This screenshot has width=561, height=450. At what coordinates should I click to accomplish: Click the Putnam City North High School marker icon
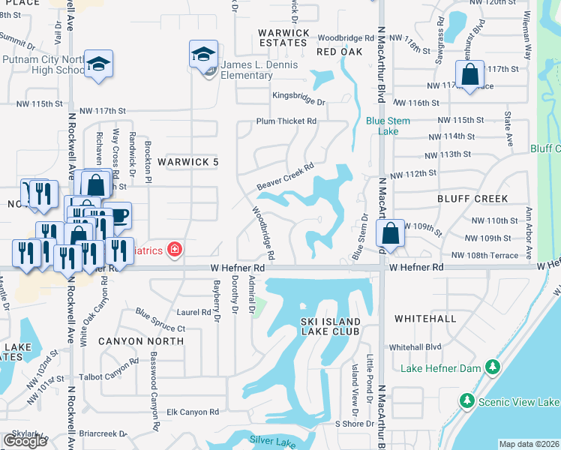(x=98, y=64)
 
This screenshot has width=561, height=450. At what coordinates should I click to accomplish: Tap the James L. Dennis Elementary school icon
(x=203, y=54)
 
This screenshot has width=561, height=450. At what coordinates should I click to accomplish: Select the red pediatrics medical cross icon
(x=175, y=249)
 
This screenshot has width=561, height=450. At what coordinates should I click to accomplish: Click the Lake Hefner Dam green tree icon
(x=492, y=367)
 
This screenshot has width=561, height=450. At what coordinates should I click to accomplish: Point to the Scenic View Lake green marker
(x=466, y=401)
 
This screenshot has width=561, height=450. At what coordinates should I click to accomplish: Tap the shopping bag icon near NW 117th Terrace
(x=469, y=75)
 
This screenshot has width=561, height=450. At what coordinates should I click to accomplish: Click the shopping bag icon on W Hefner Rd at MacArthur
(x=390, y=233)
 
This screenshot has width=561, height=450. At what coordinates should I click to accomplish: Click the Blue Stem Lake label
(x=382, y=125)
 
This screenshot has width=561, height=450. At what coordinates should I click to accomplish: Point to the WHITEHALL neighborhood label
(x=424, y=319)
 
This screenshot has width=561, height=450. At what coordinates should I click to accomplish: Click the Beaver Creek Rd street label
(x=284, y=177)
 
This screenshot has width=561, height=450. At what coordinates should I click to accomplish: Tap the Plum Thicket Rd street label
(x=286, y=121)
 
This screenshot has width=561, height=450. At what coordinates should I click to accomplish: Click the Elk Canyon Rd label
(x=193, y=412)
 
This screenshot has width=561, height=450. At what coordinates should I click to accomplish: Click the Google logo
(x=25, y=441)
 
